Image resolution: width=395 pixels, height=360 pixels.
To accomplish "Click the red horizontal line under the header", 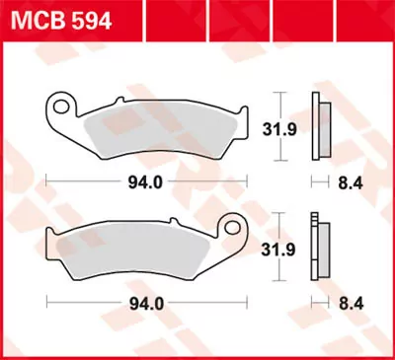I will [x=197, y=36].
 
